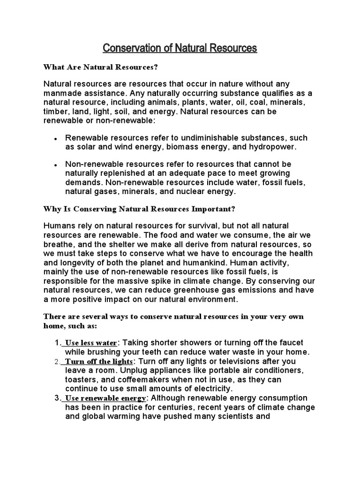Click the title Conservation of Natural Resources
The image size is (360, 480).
point(180,48)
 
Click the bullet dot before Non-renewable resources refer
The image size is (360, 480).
point(56,165)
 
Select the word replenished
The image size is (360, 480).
point(121,173)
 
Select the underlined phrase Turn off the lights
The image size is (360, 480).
point(99,361)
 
